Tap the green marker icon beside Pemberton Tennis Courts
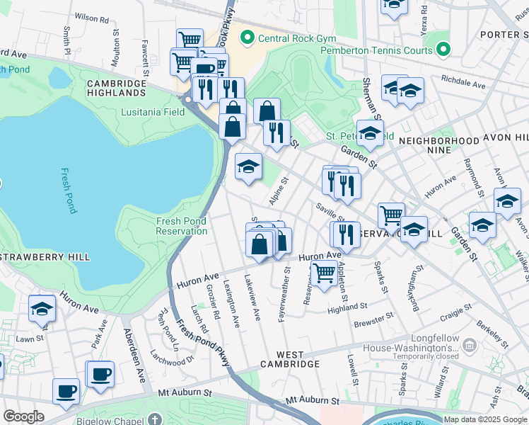443,50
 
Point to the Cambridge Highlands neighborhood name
116,88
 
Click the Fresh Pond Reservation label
181,226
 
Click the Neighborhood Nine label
438,146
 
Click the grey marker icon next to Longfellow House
471,345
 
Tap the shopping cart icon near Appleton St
324,272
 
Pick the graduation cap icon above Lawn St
42,309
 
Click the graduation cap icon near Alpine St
248,167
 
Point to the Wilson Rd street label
91,17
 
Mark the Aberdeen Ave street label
135,355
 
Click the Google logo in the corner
23,416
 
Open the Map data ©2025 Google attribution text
485,419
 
